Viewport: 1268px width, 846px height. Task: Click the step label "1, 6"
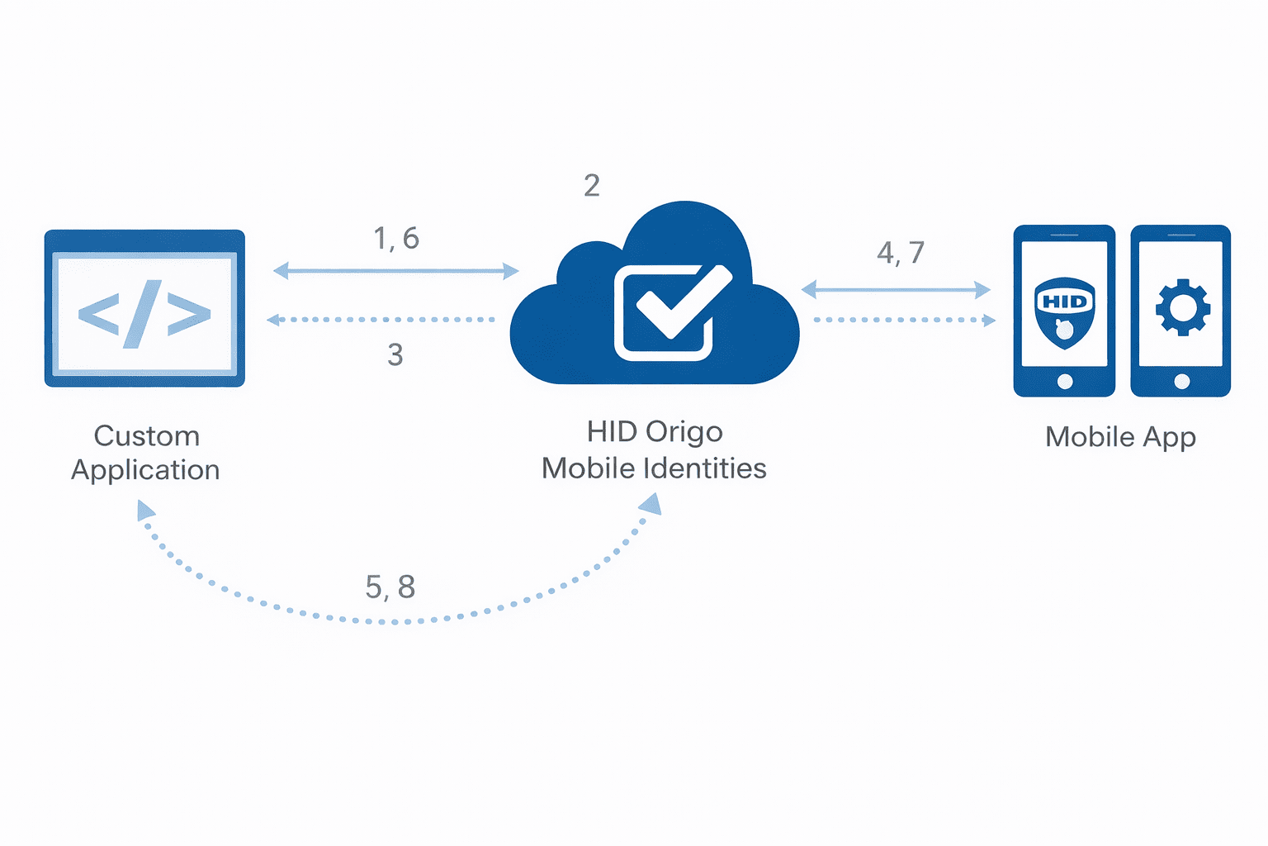tap(396, 239)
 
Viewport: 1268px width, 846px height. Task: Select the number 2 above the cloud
tap(591, 186)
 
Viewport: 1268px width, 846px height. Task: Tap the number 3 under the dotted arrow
tap(395, 354)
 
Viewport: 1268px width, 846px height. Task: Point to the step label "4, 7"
tap(900, 253)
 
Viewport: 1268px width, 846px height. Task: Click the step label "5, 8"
tap(390, 587)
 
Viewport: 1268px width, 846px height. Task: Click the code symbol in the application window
tap(144, 314)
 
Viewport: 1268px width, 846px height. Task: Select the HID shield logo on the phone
tap(1064, 311)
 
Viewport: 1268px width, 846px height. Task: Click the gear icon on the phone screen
tap(1182, 307)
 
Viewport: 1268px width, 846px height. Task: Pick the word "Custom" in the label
tap(147, 436)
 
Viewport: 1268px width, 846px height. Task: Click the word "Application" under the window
tap(145, 470)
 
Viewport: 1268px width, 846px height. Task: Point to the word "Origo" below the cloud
tap(684, 432)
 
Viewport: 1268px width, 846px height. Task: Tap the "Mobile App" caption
tap(1120, 437)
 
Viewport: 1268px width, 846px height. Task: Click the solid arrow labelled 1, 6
tap(396, 270)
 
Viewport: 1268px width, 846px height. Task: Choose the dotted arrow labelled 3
tap(381, 320)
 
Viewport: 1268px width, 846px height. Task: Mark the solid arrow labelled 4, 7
tap(896, 290)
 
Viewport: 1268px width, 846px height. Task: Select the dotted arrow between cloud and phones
tap(904, 320)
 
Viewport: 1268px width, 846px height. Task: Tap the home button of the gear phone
tap(1181, 381)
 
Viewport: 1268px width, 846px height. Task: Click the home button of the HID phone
tap(1065, 381)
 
